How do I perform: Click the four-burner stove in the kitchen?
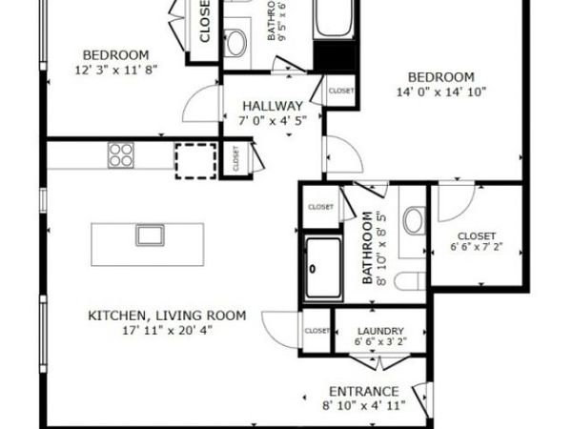pyautogui.click(x=120, y=154)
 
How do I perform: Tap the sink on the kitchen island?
pyautogui.click(x=148, y=235)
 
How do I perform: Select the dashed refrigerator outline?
pyautogui.click(x=194, y=158)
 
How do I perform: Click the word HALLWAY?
pyautogui.click(x=272, y=106)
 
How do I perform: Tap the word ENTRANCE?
pyautogui.click(x=362, y=392)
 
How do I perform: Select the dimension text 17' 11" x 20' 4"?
pyautogui.click(x=167, y=331)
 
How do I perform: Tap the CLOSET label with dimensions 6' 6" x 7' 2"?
pyautogui.click(x=475, y=235)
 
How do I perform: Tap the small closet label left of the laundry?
pyautogui.click(x=317, y=331)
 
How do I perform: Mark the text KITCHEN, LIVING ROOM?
pyautogui.click(x=167, y=316)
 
